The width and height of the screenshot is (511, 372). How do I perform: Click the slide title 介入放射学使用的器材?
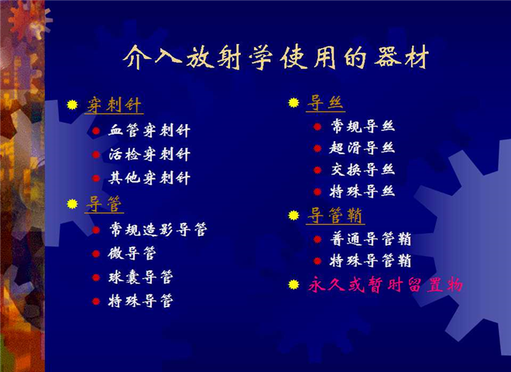point(276,58)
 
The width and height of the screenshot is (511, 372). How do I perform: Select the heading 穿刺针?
point(114,105)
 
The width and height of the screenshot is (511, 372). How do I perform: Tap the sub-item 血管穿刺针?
point(149,130)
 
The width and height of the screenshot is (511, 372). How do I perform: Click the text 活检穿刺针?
point(149,154)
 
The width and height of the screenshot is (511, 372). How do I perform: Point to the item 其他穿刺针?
point(149,178)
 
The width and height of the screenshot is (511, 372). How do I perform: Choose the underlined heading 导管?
point(104,205)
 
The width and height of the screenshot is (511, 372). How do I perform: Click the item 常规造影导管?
point(158,229)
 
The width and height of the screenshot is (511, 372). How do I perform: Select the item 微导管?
point(132,253)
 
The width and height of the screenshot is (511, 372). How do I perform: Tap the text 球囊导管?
point(140,277)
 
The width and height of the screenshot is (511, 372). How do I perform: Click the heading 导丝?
point(325,103)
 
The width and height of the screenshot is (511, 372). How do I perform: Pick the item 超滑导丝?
point(362,148)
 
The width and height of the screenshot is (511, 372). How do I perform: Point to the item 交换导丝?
point(362,170)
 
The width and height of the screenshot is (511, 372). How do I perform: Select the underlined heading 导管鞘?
point(334,215)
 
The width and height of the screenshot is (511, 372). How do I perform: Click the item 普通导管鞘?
point(371,239)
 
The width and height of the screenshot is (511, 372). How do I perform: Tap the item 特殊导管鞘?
point(371,260)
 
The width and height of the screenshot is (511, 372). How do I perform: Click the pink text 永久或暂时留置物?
point(386,284)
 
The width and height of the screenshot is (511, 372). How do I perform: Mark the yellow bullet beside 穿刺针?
point(72,105)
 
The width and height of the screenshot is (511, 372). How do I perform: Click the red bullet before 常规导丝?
point(317,126)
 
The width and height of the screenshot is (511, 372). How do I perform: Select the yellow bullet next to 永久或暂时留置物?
point(293,284)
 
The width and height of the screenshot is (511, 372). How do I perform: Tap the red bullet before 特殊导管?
point(96,301)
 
